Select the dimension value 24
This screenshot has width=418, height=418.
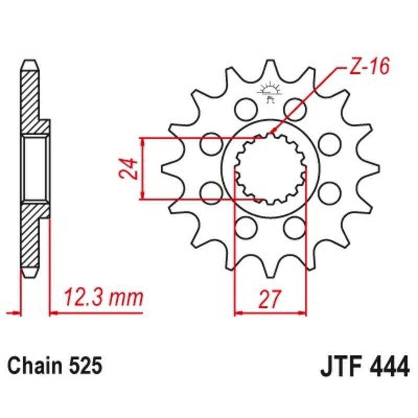[x=130, y=168]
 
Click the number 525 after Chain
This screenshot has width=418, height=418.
[x=83, y=366]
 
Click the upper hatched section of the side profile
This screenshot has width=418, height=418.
[x=31, y=99]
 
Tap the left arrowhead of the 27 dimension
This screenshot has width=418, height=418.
[x=237, y=313]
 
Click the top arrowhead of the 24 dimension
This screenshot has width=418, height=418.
[x=142, y=142]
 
